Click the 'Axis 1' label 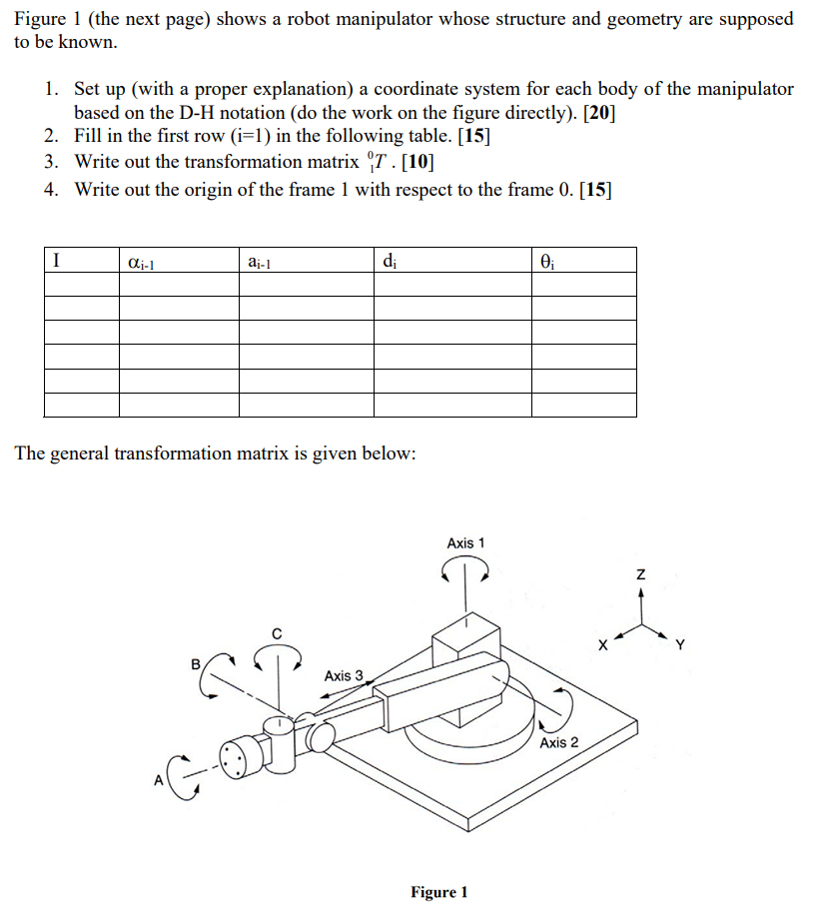pos(465,543)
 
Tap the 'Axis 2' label pos(559,742)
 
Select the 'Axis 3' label pos(344,676)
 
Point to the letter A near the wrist pos(158,782)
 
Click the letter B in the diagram pos(196,662)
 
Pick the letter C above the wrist pos(277,631)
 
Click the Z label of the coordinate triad pos(641,574)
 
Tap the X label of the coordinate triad pos(604,644)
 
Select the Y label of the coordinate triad pos(681,644)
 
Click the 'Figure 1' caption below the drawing pos(438,892)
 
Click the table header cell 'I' pos(58,261)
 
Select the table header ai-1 pos(259,262)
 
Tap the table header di pos(389,262)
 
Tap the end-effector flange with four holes pos(236,761)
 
